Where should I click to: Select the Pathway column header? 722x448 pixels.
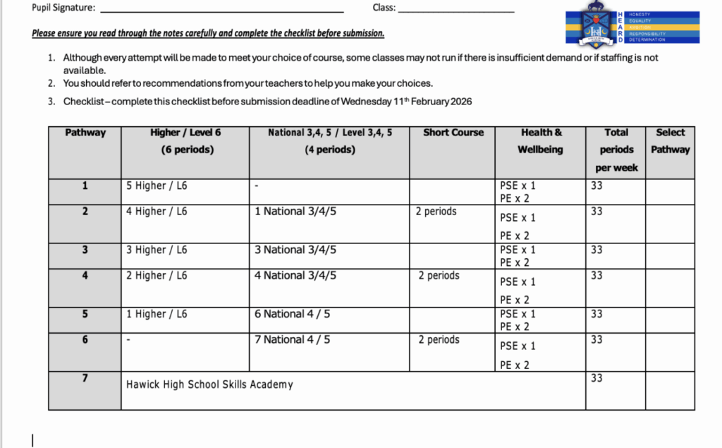85,133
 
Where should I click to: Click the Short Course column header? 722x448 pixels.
453,133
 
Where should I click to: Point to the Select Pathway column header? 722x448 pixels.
670,141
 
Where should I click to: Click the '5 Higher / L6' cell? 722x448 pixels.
157,186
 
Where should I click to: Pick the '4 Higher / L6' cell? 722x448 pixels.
157,211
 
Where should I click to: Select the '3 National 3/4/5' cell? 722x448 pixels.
295,250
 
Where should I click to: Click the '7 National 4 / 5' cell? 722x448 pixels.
292,339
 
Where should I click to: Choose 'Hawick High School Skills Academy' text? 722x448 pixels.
209,385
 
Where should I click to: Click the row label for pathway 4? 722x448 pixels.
85,275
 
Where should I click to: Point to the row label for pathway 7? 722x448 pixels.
85,378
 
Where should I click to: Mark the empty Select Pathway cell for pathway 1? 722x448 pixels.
670,191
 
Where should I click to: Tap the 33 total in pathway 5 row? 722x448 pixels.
596,314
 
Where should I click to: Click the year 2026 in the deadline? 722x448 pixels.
460,102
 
